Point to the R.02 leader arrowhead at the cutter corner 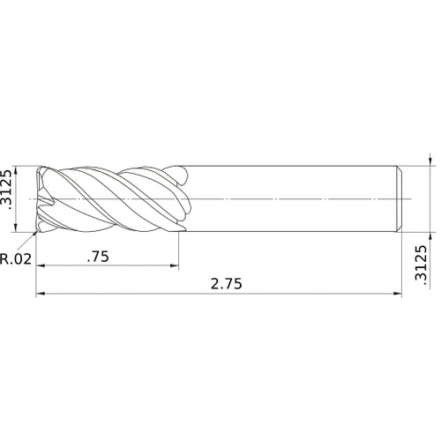pos(36,234)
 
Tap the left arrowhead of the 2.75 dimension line pos(40,295)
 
